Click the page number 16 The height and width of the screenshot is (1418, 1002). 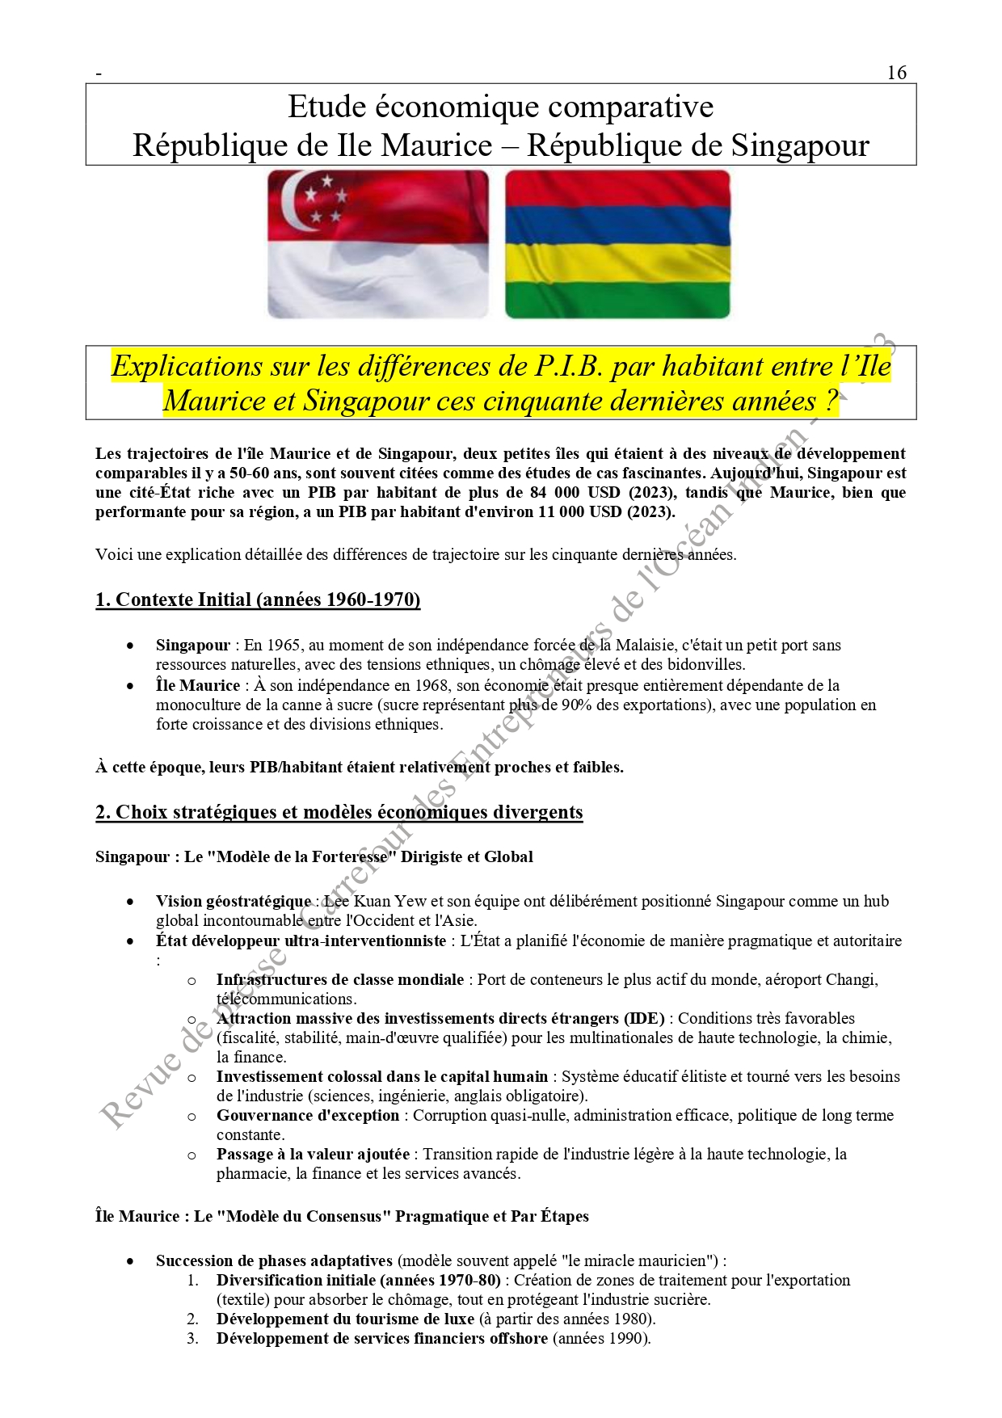pyautogui.click(x=896, y=73)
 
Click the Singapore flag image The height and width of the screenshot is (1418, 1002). pyautogui.click(x=378, y=243)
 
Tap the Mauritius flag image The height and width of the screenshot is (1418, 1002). pyautogui.click(x=617, y=243)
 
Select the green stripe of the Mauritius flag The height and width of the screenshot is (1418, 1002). pyautogui.click(x=617, y=299)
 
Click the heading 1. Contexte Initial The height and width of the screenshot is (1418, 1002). pyautogui.click(x=258, y=600)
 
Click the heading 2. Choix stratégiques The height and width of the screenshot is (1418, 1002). pyautogui.click(x=339, y=812)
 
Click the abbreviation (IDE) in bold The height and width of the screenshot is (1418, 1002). pyautogui.click(x=644, y=1019)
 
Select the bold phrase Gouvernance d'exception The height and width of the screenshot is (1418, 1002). pyautogui.click(x=307, y=1116)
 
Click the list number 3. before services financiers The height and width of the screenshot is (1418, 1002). pyautogui.click(x=192, y=1339)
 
